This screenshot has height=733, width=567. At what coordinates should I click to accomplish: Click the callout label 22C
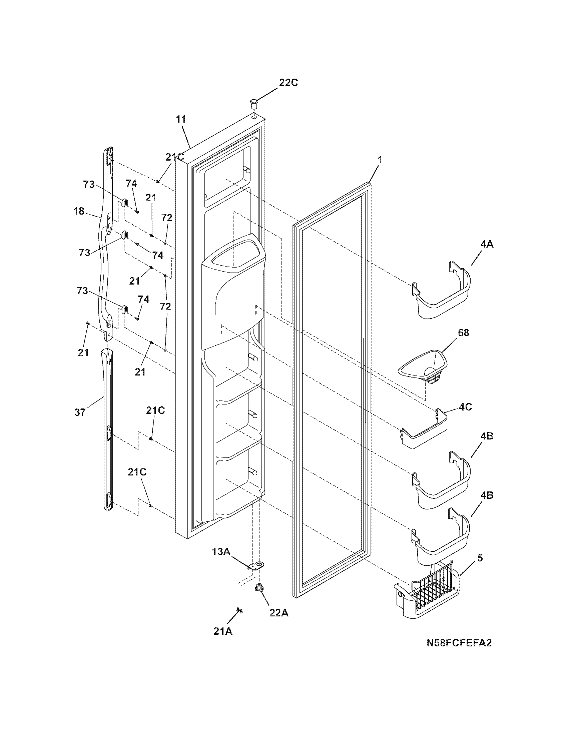point(288,83)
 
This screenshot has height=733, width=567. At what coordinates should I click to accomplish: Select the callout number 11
point(181,119)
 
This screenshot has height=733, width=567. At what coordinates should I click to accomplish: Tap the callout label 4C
point(465,407)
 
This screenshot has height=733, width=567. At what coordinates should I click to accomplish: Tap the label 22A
point(278,613)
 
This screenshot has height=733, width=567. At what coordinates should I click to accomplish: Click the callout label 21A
point(223,631)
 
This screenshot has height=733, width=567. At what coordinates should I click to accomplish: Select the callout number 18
point(79,212)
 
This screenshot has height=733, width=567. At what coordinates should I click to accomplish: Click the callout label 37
point(80,412)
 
